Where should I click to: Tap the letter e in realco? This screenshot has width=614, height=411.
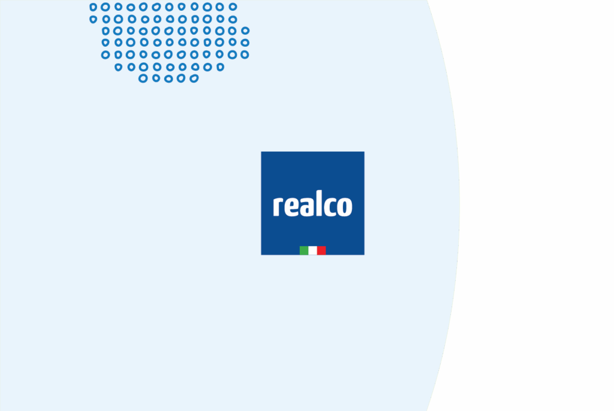291,206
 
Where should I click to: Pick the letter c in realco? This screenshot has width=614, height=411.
327,206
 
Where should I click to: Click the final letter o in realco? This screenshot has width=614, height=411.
345,206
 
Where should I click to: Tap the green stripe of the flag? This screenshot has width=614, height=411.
304,250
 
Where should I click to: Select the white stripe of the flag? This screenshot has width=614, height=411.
312,250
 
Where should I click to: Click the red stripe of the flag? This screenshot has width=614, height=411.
321,250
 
